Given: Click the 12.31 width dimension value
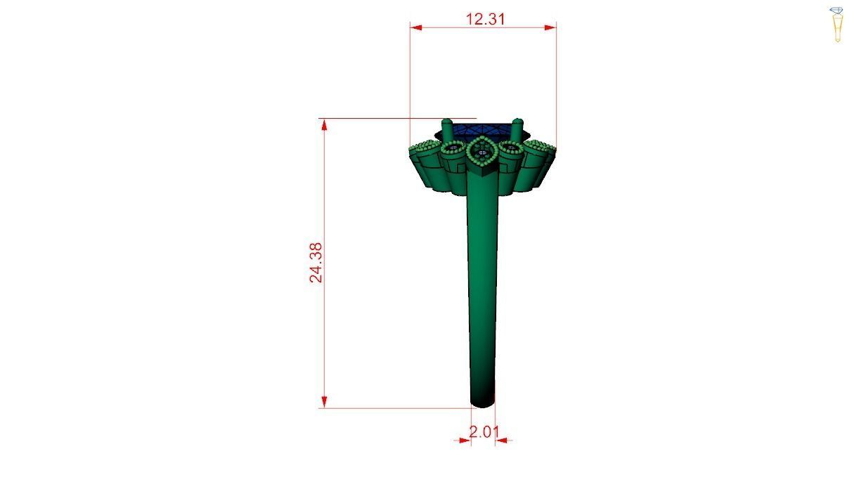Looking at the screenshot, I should (x=486, y=19).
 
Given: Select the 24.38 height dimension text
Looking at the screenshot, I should (x=316, y=263).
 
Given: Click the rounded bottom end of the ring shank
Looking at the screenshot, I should (x=482, y=402).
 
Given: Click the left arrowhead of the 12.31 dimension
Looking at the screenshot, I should (x=415, y=27).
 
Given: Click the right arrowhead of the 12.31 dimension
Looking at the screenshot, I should (x=551, y=27).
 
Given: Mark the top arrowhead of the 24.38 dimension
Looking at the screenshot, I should (x=324, y=124).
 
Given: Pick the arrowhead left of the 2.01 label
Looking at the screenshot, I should (x=465, y=440).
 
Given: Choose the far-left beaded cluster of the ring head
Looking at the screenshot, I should (x=422, y=148).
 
